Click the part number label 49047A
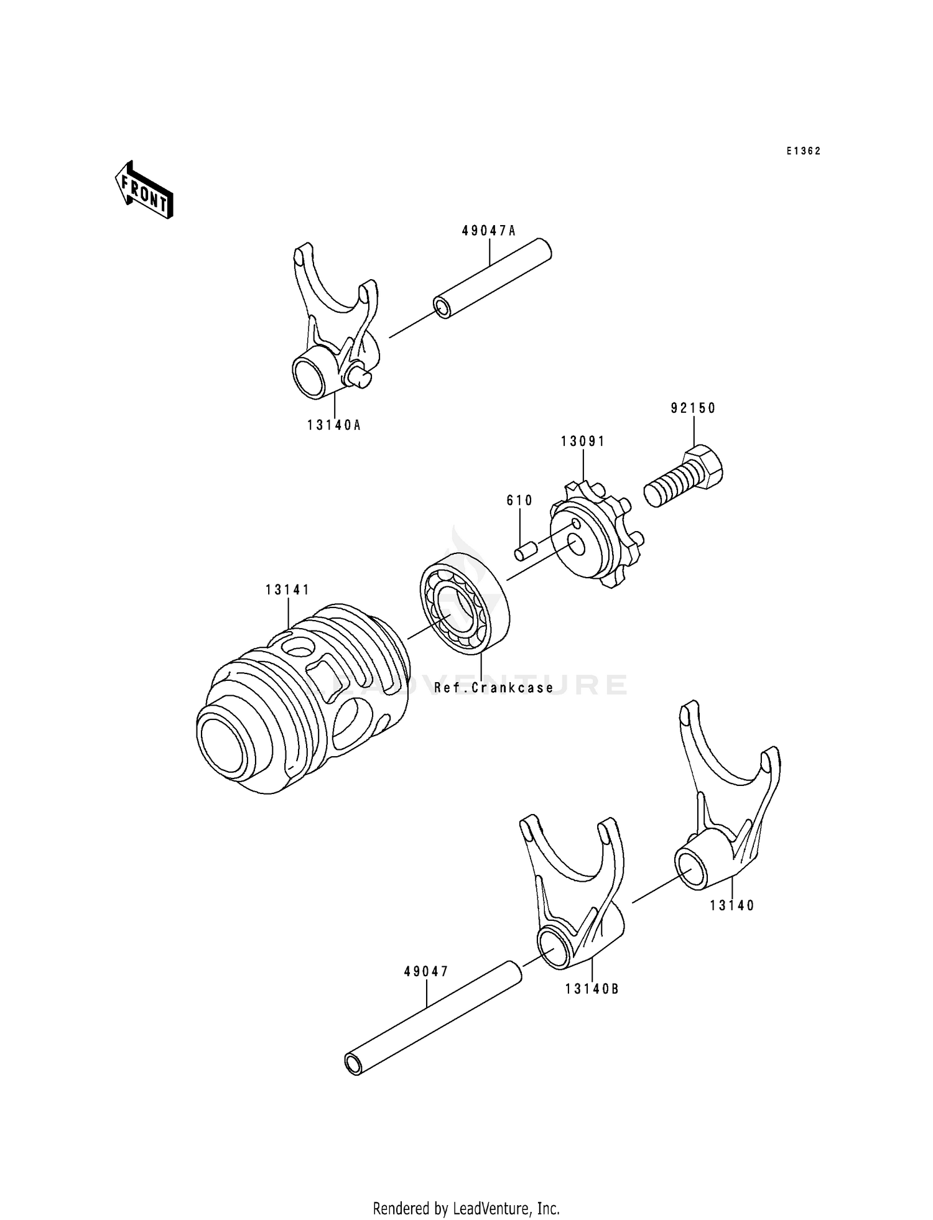489,231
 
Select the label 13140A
334,426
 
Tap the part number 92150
693,409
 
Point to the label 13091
583,441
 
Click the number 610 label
519,501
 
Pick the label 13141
287,589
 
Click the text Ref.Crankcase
494,688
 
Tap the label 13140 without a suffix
732,906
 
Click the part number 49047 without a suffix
426,971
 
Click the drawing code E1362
803,151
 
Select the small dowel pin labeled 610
525,551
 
